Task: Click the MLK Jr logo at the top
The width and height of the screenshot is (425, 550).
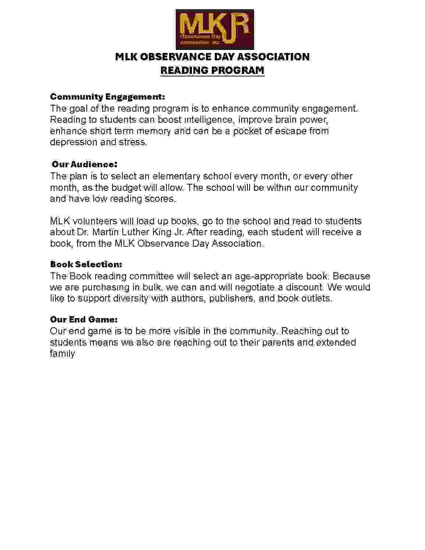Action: pyautogui.click(x=215, y=30)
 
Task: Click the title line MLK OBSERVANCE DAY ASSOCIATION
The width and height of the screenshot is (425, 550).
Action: pyautogui.click(x=212, y=57)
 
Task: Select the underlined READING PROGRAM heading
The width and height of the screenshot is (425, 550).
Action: pyautogui.click(x=212, y=70)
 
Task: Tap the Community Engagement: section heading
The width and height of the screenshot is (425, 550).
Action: pyautogui.click(x=107, y=97)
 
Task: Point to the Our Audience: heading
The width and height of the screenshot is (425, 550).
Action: pyautogui.click(x=84, y=164)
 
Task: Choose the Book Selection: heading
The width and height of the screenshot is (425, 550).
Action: pyautogui.click(x=86, y=264)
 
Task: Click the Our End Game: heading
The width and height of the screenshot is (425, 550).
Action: pyautogui.click(x=84, y=319)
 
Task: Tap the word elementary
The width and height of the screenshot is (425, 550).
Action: pyautogui.click(x=176, y=176)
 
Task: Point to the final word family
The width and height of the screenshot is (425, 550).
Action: pyautogui.click(x=63, y=354)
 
